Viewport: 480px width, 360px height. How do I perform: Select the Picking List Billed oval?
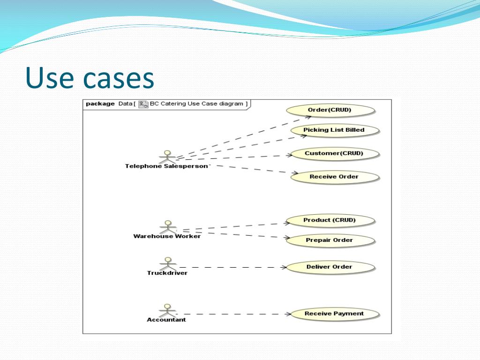[334, 130]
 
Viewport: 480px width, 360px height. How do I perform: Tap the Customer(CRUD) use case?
[334, 153]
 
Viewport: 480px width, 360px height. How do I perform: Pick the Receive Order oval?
[334, 177]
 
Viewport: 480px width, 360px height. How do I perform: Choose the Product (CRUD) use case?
[330, 220]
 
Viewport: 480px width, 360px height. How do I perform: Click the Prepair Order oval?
[330, 240]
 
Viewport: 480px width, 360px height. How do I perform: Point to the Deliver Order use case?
[330, 267]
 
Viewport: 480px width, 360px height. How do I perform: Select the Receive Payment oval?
[334, 314]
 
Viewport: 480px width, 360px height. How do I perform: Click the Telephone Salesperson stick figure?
[167, 157]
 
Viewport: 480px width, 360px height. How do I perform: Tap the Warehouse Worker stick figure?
[167, 226]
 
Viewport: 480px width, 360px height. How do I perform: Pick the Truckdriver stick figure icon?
[167, 263]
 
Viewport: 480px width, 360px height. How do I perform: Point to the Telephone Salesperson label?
[166, 166]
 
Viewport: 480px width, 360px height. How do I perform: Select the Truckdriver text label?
[167, 273]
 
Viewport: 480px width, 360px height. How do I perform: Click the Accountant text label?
[166, 320]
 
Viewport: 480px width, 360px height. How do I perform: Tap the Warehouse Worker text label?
[167, 236]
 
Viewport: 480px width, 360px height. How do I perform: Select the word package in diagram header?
[100, 104]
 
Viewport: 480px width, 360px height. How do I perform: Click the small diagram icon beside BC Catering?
[143, 104]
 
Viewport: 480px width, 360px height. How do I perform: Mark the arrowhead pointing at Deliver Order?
[284, 267]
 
